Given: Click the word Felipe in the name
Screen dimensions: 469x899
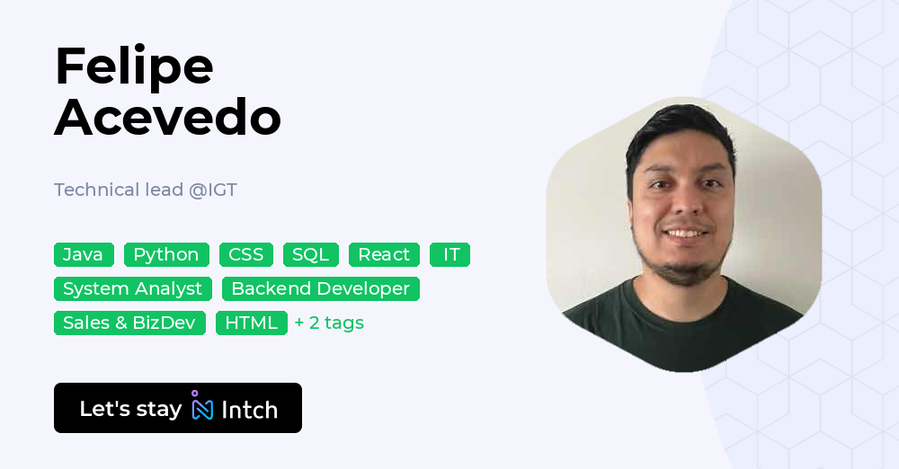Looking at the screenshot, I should tap(134, 66).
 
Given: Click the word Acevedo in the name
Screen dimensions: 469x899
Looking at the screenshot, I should tap(167, 118).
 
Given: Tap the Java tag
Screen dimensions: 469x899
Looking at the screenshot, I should tap(84, 254).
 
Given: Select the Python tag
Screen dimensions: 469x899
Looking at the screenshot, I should tap(166, 254).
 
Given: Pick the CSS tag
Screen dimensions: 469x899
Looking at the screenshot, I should tap(245, 254).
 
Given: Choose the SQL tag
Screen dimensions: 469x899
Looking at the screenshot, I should tap(311, 254).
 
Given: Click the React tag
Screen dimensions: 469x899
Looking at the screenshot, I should tap(384, 254).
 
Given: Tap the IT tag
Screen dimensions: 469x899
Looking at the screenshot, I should tap(450, 254).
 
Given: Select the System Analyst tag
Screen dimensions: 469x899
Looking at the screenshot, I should tap(133, 288).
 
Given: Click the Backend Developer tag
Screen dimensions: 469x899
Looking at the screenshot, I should tap(321, 288).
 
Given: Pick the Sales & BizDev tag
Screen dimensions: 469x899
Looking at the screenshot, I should tap(129, 323).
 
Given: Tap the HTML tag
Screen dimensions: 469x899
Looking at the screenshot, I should tap(252, 323).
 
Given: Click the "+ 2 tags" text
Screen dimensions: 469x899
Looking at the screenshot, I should tap(329, 323).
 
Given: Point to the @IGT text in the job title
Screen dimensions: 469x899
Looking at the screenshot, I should tap(213, 190).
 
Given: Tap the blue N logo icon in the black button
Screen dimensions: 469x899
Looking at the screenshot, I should tap(202, 408).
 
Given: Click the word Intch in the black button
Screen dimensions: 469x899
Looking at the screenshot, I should tap(249, 410).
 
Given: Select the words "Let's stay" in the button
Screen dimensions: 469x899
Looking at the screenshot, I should tap(130, 409).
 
